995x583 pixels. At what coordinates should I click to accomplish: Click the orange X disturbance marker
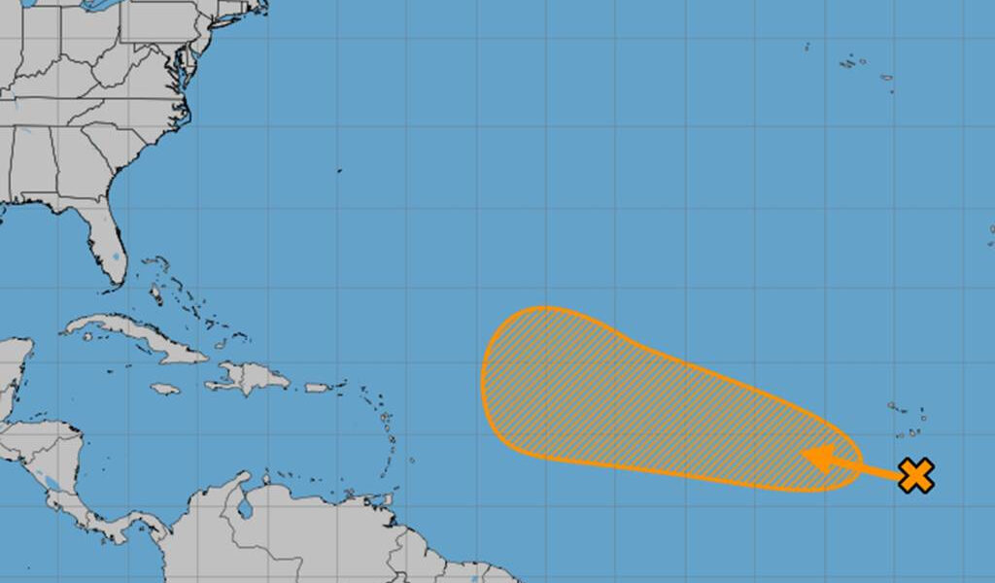click(915, 475)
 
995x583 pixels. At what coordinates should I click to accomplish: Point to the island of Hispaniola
click(248, 376)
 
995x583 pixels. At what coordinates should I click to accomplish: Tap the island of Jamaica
click(165, 390)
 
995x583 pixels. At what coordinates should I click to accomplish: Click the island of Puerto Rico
click(318, 388)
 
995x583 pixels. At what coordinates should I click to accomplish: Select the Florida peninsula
click(107, 243)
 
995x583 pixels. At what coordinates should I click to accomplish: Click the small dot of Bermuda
click(340, 171)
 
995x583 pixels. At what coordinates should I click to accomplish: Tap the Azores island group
click(855, 64)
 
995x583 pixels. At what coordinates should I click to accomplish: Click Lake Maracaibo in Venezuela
click(245, 506)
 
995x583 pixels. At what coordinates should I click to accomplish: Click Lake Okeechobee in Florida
click(116, 258)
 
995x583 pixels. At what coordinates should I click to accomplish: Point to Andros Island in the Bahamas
click(156, 292)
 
